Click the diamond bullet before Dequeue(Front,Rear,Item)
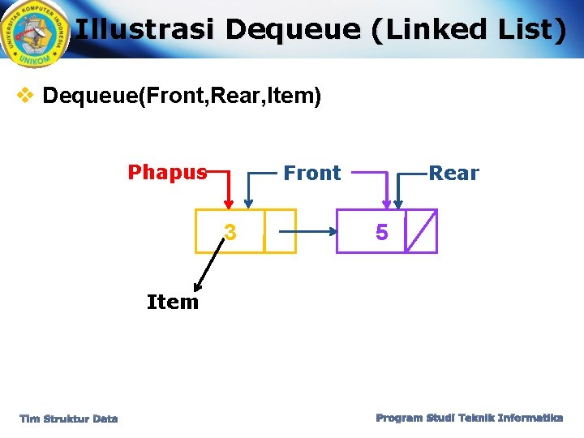[x=26, y=96]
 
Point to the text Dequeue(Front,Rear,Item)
[x=182, y=97]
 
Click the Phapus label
[x=166, y=172]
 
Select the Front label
[x=311, y=173]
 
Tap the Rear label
[x=453, y=173]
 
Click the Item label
[x=172, y=302]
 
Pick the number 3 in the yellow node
[x=230, y=234]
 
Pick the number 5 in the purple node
[x=381, y=234]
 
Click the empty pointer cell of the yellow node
[x=280, y=231]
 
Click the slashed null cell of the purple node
[x=420, y=231]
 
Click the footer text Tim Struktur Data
[x=69, y=419]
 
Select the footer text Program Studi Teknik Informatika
[x=469, y=418]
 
